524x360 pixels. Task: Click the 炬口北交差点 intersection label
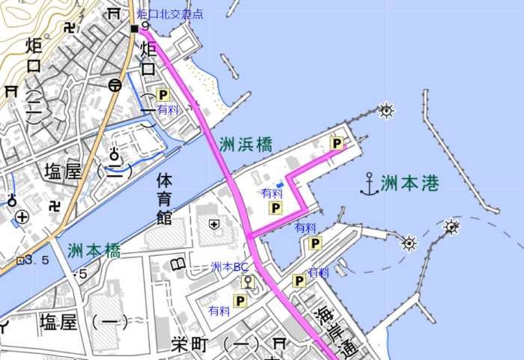click(x=170, y=14)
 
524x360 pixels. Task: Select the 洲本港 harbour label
click(x=409, y=183)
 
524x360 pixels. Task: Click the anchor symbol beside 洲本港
click(x=368, y=183)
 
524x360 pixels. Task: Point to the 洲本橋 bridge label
click(x=94, y=251)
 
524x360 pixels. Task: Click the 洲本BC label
click(x=230, y=266)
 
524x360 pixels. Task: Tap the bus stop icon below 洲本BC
click(x=246, y=282)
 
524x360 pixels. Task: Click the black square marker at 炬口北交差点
click(x=134, y=28)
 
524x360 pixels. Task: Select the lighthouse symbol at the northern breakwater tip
click(x=386, y=112)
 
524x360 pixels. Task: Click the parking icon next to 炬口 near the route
click(x=163, y=95)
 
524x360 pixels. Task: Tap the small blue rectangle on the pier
click(x=279, y=183)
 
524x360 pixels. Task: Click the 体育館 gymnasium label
click(x=164, y=199)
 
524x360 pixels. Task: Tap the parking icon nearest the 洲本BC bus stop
click(x=240, y=300)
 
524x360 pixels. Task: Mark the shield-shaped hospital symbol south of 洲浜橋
click(x=214, y=224)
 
